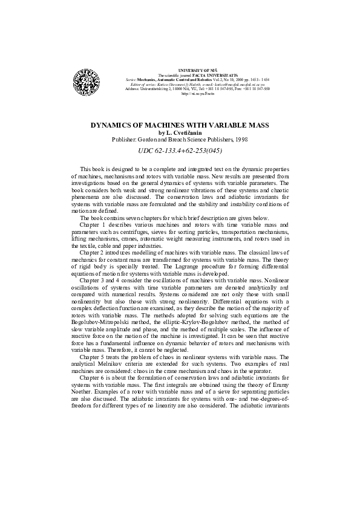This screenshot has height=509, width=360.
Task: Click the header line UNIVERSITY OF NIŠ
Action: pyautogui.click(x=180, y=71)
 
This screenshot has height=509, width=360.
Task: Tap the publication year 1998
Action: pyautogui.click(x=239, y=139)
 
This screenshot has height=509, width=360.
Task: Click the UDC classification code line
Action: pyautogui.click(x=180, y=151)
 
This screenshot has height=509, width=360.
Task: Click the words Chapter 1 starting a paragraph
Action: pyautogui.click(x=93, y=224)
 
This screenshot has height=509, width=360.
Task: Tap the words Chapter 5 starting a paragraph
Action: pyautogui.click(x=93, y=357)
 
